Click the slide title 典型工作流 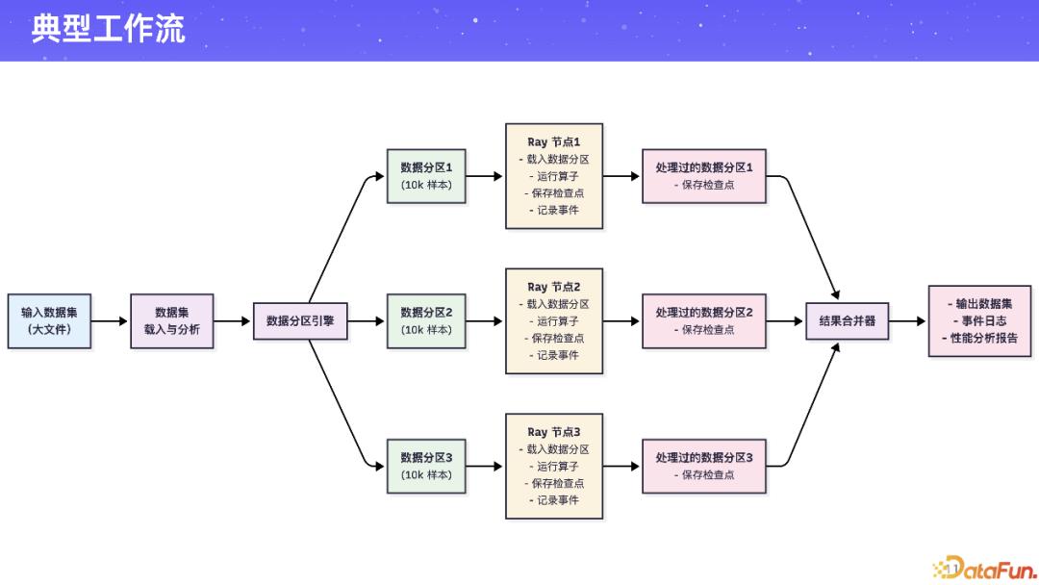[108, 29]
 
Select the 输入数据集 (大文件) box [49, 320]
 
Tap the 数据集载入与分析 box [171, 320]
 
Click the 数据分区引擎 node [299, 320]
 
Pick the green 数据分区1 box [426, 176]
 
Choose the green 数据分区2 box [426, 320]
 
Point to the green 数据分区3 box [426, 466]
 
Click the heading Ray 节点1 [554, 141]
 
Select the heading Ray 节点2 [554, 287]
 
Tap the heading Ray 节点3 [554, 432]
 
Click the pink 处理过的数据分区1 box [704, 176]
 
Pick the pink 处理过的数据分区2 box [704, 320]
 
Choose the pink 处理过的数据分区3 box [704, 466]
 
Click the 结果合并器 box [847, 320]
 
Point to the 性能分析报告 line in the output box [979, 338]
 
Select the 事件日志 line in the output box [979, 320]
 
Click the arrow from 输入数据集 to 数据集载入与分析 [110, 320]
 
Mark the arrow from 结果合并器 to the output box [907, 320]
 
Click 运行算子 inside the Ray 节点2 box [557, 321]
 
